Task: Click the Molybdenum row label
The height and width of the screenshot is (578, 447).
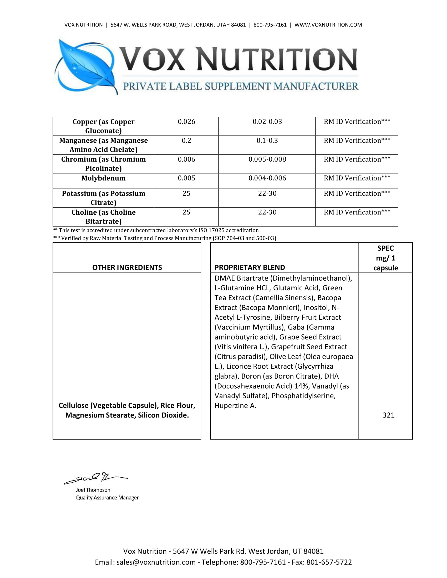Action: (103, 178)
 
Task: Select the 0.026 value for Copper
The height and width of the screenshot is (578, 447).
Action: (186, 122)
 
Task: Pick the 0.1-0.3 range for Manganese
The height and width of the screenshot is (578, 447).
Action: (267, 141)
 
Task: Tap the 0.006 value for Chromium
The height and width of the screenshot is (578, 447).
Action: (186, 159)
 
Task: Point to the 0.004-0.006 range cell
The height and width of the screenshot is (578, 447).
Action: (267, 178)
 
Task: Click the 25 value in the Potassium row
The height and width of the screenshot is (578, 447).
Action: (186, 193)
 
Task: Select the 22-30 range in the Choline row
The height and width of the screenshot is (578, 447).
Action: (267, 212)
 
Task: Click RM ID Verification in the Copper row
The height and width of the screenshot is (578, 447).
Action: (357, 122)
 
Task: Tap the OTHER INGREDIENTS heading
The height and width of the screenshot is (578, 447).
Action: (127, 267)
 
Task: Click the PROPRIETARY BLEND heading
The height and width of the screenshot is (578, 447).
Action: (250, 267)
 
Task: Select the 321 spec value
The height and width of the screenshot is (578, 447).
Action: (388, 415)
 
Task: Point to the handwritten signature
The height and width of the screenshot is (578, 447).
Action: (95, 478)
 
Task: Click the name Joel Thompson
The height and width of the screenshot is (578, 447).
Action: (93, 490)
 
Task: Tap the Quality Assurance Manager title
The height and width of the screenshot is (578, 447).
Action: (107, 498)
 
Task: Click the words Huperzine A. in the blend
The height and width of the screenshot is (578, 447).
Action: (235, 405)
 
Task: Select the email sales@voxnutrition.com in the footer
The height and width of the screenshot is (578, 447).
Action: (156, 562)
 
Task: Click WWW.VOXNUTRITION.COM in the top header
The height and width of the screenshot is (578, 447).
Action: (328, 25)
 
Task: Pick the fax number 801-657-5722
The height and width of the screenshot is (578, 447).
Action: (329, 562)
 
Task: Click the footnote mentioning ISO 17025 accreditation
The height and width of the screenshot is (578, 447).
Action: (156, 230)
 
